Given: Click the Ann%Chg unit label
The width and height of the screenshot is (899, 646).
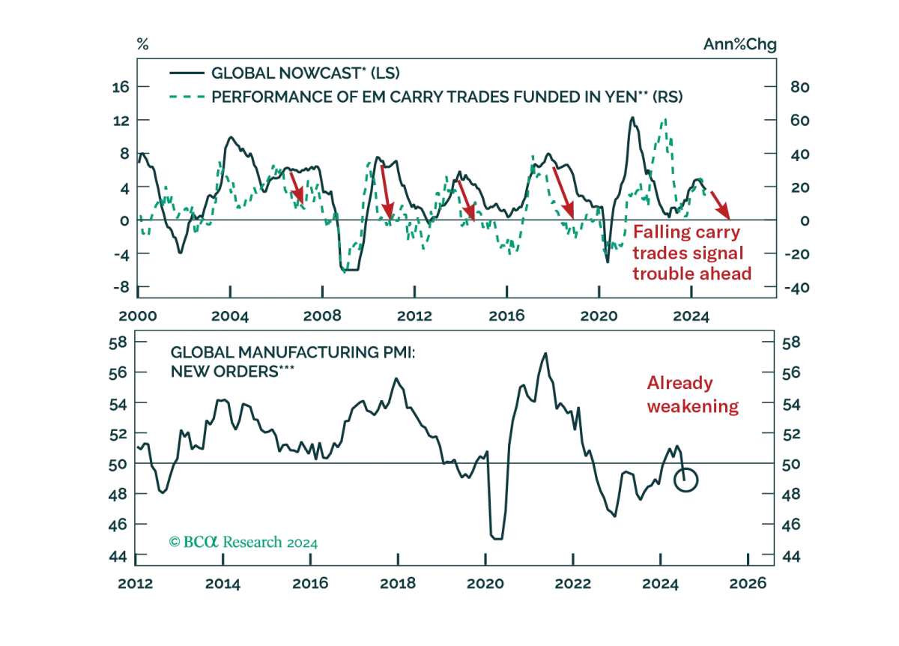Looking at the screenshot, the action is [x=739, y=44].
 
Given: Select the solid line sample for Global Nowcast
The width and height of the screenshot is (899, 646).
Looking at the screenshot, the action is [x=187, y=73].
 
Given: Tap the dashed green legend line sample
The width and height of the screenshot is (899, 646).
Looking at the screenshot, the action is [x=187, y=97].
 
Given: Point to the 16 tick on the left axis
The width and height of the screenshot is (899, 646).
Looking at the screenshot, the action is [x=121, y=87].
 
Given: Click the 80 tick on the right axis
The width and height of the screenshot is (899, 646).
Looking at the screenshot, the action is [x=799, y=87].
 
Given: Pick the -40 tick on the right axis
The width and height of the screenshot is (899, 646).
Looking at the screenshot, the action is [x=797, y=288].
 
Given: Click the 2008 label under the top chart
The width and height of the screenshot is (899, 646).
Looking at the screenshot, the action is [x=322, y=316].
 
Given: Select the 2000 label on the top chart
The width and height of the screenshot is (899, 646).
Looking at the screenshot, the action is [x=138, y=316].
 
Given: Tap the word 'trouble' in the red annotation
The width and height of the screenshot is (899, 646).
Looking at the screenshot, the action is [x=664, y=274].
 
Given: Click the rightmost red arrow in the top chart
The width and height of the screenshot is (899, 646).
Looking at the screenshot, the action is [x=720, y=205].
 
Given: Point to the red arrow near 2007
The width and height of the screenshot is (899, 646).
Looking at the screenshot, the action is [x=297, y=188].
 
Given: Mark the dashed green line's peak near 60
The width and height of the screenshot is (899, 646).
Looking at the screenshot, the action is [x=665, y=119].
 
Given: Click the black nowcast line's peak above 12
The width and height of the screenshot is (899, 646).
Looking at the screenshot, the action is [x=632, y=118].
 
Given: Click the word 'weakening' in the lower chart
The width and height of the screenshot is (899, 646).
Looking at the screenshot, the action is [x=693, y=406].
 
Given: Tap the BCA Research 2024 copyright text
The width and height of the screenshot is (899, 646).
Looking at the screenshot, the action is [x=243, y=542].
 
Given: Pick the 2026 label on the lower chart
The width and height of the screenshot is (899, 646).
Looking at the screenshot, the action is [x=748, y=583].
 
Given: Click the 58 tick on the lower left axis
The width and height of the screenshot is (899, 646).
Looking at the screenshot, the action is [x=118, y=342].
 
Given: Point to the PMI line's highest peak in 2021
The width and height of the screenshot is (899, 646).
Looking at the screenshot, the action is [x=545, y=354].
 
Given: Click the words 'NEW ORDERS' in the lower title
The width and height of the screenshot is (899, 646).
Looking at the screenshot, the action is [x=224, y=372].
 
